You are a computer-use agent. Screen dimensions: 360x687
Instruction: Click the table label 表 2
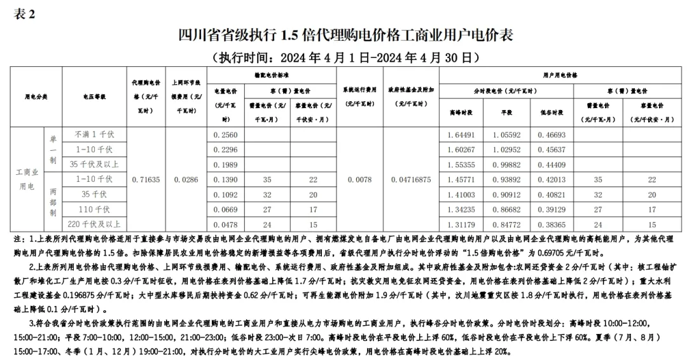click(x=24, y=15)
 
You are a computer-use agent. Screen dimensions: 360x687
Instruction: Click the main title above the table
click(x=344, y=34)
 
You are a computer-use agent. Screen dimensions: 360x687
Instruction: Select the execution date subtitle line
click(x=344, y=57)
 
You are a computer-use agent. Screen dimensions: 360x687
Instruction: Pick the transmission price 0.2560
click(x=226, y=135)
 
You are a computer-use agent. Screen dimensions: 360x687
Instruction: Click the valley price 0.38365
click(x=551, y=225)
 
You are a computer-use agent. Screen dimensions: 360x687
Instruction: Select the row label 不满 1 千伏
click(x=93, y=135)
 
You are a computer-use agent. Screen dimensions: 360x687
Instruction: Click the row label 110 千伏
click(x=93, y=209)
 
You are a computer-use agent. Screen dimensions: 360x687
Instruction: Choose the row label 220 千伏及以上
click(x=93, y=225)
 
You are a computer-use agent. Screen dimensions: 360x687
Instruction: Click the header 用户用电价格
click(x=559, y=74)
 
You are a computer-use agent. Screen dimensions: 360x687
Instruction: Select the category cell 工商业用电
click(x=27, y=179)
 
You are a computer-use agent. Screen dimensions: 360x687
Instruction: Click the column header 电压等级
click(x=94, y=97)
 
